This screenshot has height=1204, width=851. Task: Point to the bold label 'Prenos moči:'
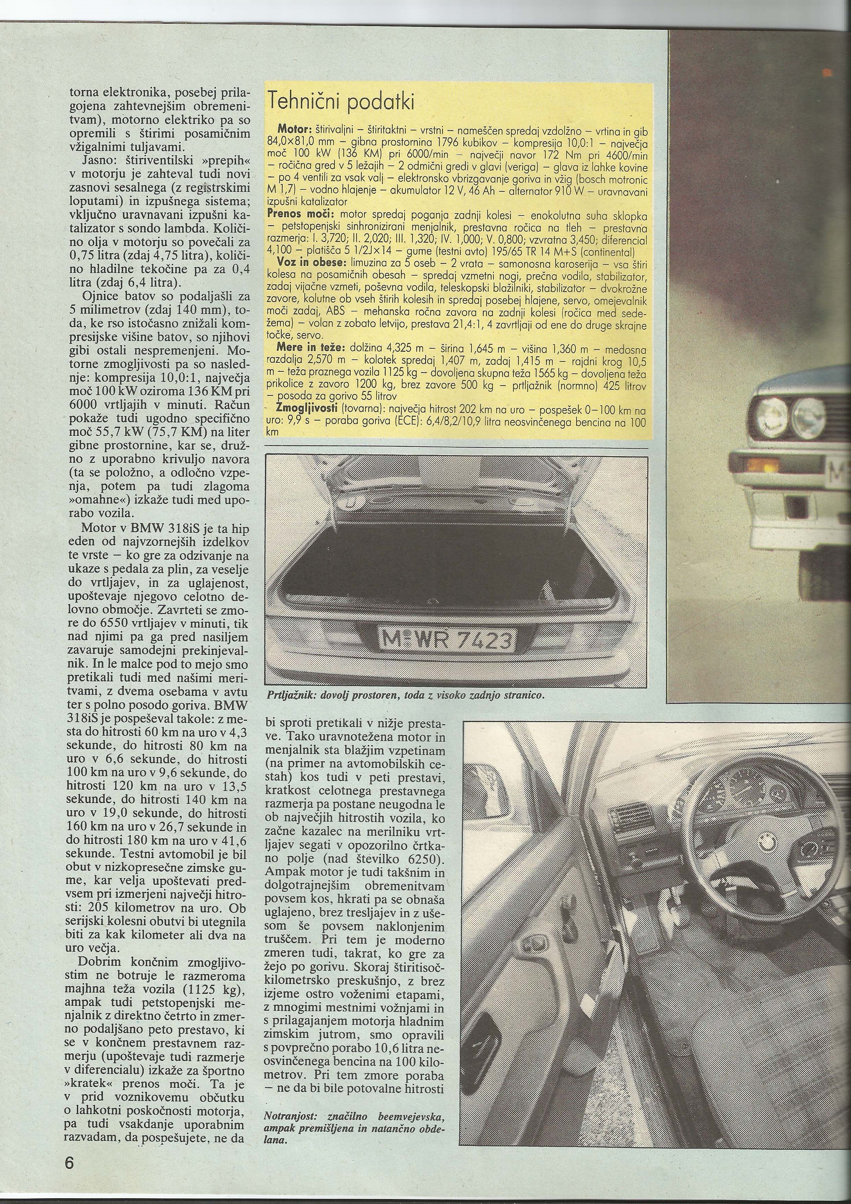click(x=301, y=215)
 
